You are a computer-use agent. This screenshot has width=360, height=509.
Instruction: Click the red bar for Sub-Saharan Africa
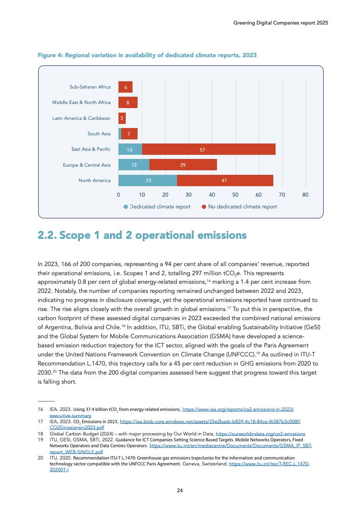(x=125, y=87)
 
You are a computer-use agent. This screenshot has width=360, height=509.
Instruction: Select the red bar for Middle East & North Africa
(x=128, y=103)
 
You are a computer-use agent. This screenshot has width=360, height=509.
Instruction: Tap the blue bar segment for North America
(x=148, y=180)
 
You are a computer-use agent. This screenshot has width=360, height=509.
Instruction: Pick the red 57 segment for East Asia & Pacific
(x=208, y=149)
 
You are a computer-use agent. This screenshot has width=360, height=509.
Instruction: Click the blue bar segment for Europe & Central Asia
(x=133, y=165)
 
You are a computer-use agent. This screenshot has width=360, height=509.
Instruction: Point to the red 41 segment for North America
(x=225, y=180)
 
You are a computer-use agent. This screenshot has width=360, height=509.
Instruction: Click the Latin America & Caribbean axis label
(x=81, y=118)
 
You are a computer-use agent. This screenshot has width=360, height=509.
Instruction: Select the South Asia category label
(x=99, y=133)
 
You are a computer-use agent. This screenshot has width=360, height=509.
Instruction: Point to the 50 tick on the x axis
(x=235, y=195)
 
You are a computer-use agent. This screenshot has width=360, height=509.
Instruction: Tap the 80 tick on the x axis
(x=305, y=195)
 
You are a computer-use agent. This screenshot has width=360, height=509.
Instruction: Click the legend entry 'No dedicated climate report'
(x=242, y=207)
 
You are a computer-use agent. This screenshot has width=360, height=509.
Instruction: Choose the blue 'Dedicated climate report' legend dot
(x=126, y=207)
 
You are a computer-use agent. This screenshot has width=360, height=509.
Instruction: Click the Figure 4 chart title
(x=148, y=55)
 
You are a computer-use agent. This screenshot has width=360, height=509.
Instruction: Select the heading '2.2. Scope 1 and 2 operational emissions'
(x=142, y=235)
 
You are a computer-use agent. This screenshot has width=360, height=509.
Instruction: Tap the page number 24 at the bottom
(x=180, y=490)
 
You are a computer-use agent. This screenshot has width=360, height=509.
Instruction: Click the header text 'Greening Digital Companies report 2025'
(x=277, y=22)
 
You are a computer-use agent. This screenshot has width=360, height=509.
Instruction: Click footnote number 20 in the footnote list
(x=40, y=458)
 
